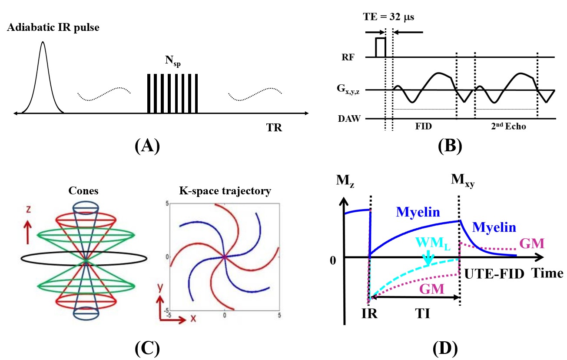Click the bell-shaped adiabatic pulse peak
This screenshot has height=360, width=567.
[x=43, y=43]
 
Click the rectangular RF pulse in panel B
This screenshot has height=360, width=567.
[x=381, y=47]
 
